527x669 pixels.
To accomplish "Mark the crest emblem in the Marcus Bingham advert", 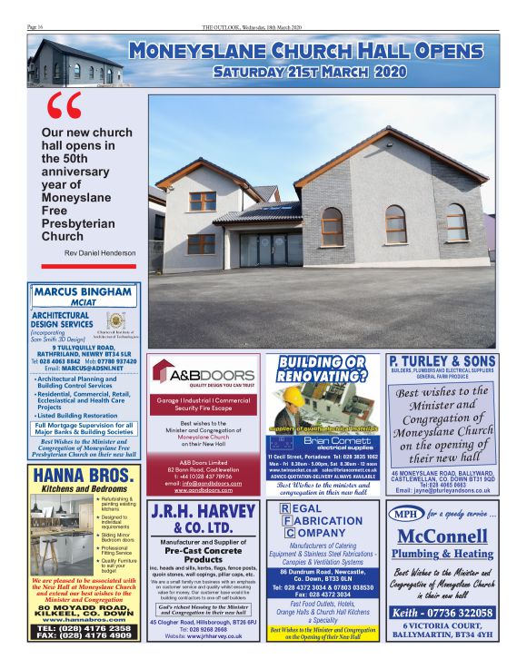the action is point(116,322).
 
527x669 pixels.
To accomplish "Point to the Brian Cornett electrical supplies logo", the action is point(322,444).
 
